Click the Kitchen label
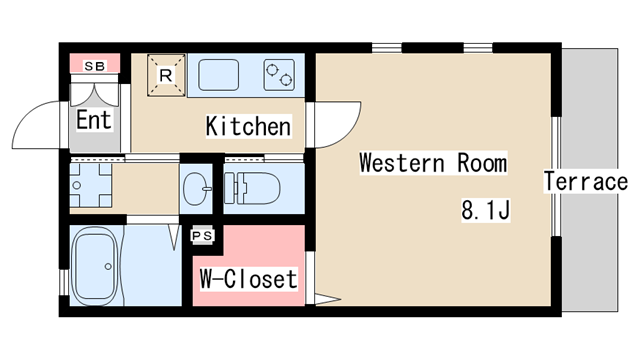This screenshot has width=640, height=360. (x=249, y=126)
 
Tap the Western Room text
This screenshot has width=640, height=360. (x=433, y=163)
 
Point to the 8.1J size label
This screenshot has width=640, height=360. (x=486, y=210)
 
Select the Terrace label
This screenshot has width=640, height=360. (x=586, y=181)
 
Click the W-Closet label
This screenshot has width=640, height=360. (x=249, y=279)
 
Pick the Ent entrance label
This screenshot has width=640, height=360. (x=94, y=120)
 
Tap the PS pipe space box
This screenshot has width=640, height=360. (x=202, y=236)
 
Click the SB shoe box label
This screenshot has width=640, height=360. (x=95, y=66)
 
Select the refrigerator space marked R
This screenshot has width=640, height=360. (x=166, y=76)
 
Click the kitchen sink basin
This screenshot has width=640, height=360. (x=218, y=75)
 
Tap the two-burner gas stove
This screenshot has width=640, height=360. (x=280, y=75)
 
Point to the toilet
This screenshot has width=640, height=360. (x=252, y=189)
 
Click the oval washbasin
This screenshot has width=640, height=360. (x=196, y=189)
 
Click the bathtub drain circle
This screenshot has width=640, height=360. (x=108, y=267)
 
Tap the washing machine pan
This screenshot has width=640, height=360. (x=91, y=185)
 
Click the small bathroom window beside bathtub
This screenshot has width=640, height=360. (x=64, y=282)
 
